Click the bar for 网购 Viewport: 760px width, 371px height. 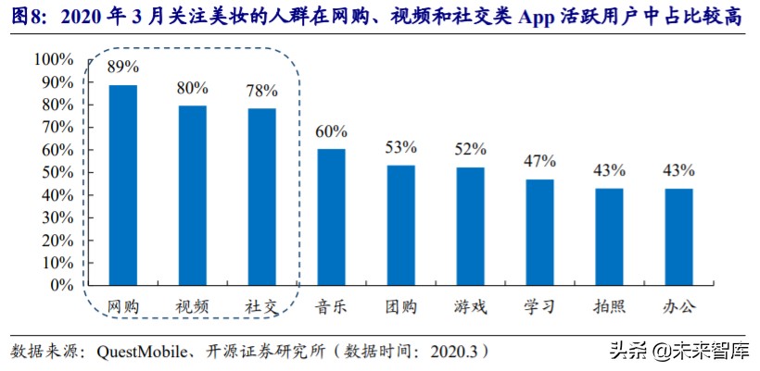(x=123, y=185)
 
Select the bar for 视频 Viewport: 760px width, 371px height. (x=192, y=195)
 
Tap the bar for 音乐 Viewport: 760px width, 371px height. (x=331, y=217)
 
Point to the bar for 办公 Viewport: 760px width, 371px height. (x=678, y=237)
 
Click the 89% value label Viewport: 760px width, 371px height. (x=123, y=68)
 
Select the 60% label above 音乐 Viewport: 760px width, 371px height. (x=331, y=131)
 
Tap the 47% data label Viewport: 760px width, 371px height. (x=539, y=161)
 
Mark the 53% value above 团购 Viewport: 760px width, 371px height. (x=400, y=147)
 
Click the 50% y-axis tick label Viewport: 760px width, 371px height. (x=57, y=173)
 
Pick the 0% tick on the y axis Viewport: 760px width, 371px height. (x=60, y=286)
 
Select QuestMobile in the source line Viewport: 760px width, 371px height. (x=134, y=352)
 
